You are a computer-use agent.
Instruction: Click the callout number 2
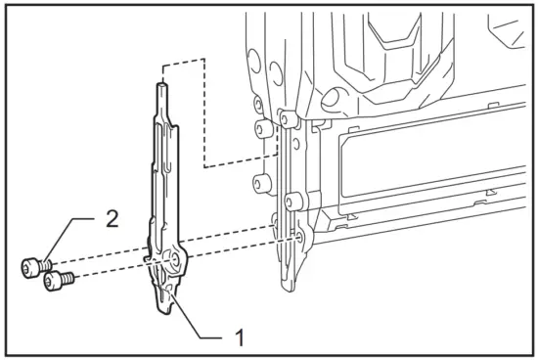112,217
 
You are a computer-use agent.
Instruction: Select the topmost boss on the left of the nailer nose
256,102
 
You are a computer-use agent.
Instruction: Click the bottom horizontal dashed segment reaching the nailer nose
240,167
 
